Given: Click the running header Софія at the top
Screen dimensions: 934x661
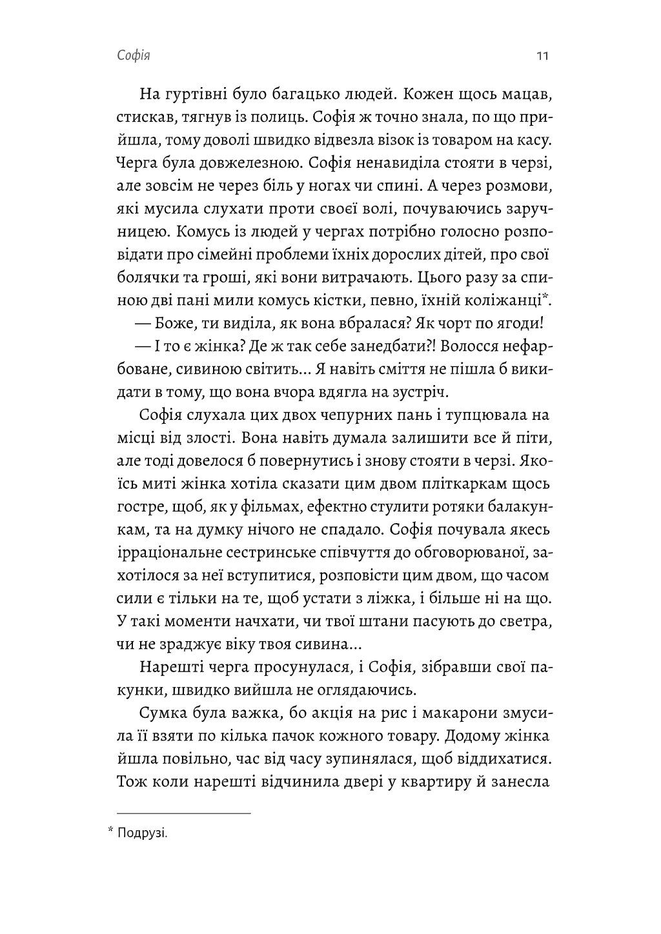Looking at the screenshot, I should coord(134,56).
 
